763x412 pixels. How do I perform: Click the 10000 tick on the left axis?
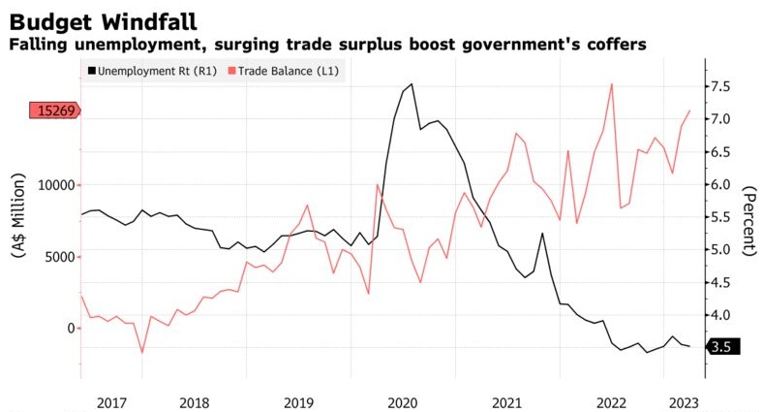point(55,184)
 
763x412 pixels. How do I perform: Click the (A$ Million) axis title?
point(20,213)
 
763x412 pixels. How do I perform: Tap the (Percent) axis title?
point(748,221)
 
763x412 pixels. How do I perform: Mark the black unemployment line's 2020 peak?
point(412,84)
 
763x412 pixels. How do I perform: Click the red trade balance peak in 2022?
point(612,84)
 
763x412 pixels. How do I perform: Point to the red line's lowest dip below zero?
point(142,351)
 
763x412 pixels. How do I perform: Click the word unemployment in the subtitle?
point(122,45)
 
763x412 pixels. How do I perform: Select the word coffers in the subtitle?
point(617,45)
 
